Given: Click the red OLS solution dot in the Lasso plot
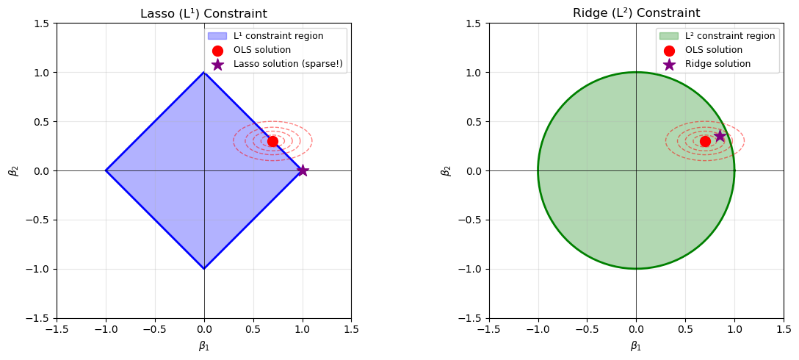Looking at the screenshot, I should tap(272, 141).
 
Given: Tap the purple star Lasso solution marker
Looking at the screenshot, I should tap(302, 170).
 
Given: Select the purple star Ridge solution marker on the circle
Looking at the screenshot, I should tap(720, 136).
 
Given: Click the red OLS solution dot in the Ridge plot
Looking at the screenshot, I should tap(705, 141).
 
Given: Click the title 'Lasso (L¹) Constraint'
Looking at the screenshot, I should tap(203, 13).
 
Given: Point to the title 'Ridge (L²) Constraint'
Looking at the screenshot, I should tap(636, 13).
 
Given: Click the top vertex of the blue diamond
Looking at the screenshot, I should tap(204, 72).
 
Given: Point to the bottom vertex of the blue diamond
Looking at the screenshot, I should tap(204, 269).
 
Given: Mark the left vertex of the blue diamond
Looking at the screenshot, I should tap(106, 170).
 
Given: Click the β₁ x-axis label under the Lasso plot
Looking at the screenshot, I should tap(203, 346).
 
